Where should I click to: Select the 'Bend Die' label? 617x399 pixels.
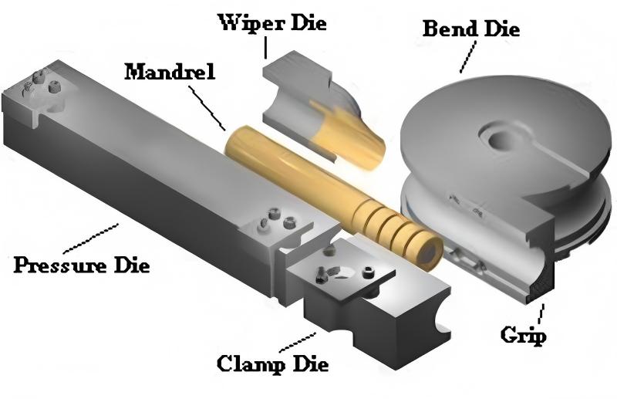click(x=471, y=29)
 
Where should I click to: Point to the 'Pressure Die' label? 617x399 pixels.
click(x=82, y=265)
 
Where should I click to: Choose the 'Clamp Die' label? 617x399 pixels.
click(x=272, y=362)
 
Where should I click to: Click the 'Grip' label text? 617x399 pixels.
click(x=522, y=335)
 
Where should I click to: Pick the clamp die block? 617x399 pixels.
click(x=362, y=297)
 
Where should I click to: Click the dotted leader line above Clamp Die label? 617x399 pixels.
click(x=298, y=340)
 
